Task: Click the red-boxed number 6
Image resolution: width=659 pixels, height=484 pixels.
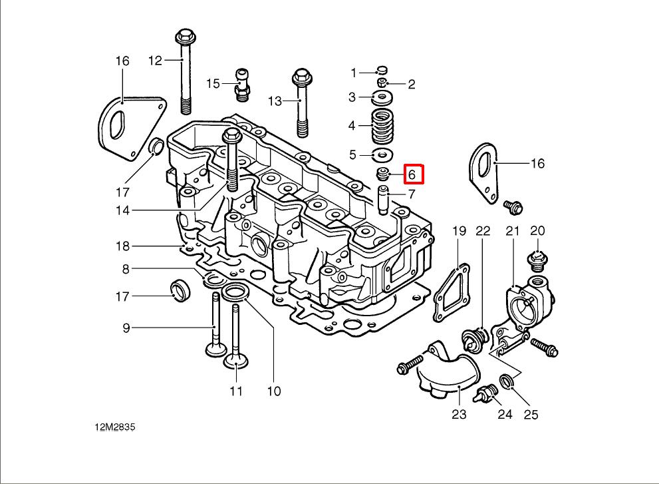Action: [412, 174]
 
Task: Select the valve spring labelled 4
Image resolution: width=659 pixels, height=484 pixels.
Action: [382, 126]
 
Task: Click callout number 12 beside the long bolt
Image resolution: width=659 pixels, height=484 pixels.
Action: [155, 61]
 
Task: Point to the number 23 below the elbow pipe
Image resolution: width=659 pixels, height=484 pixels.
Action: [459, 414]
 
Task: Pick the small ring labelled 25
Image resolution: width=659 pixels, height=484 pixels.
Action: [507, 381]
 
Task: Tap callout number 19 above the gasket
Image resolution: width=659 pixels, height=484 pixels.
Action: [460, 231]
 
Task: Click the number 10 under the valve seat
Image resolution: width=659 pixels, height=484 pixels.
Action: [274, 391]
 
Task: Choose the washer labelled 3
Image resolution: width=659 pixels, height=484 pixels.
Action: [382, 99]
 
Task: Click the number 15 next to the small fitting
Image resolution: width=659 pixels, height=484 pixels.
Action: [213, 83]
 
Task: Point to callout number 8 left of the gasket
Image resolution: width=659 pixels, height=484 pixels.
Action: [124, 269]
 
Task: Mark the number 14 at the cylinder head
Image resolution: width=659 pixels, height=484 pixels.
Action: [122, 211]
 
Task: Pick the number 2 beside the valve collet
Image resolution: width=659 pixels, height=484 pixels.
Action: [412, 84]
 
